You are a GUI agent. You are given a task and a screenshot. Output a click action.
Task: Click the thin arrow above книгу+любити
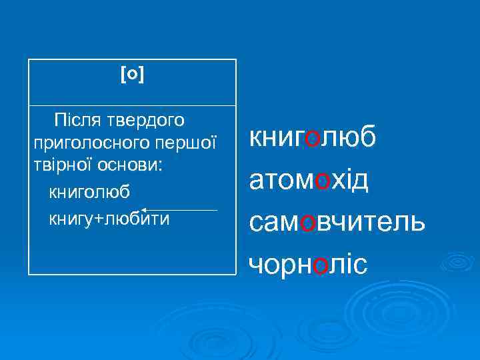(x=179, y=210)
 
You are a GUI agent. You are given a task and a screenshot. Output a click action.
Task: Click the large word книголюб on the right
(x=313, y=137)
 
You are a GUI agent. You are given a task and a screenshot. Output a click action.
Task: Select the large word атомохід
(x=309, y=180)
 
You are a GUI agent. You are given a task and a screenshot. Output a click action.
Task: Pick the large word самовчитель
(x=337, y=222)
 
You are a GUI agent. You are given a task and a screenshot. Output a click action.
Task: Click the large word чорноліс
(x=307, y=265)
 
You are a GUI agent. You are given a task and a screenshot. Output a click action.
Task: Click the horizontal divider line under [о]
(x=133, y=105)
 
